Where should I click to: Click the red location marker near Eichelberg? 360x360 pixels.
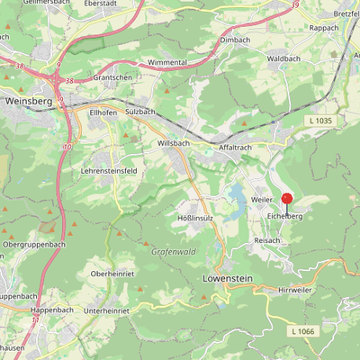point(287,200)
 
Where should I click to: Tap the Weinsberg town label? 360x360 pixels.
point(26,102)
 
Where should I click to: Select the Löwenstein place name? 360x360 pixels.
point(225,279)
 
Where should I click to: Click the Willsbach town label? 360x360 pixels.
point(174,143)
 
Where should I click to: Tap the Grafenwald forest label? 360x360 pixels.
point(173,253)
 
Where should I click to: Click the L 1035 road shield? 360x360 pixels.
point(319,120)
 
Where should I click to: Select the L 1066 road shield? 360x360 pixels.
point(303,332)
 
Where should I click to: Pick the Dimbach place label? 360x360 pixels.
point(235,40)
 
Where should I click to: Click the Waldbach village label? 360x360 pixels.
point(283,58)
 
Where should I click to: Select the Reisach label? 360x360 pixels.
point(267,241)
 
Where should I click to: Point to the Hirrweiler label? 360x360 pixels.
point(294,290)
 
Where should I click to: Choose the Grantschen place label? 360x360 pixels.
point(112,78)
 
